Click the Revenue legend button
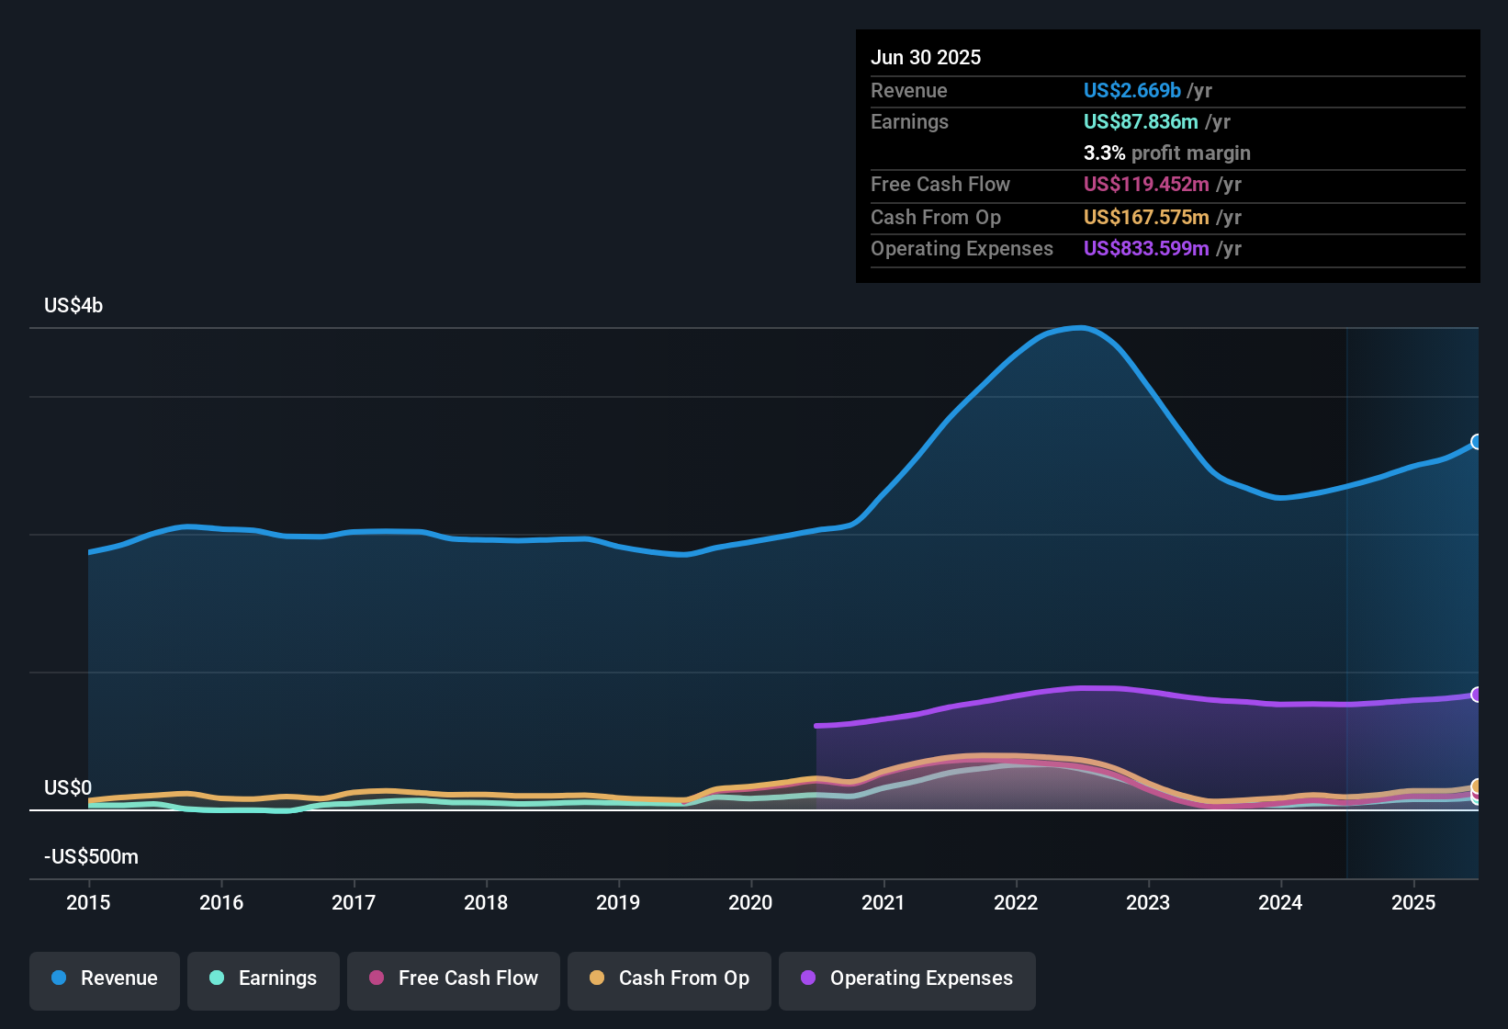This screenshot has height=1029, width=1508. [x=105, y=978]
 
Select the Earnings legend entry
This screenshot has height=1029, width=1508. [x=264, y=978]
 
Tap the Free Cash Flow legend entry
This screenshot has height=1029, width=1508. [x=454, y=978]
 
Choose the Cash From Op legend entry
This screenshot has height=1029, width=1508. [x=670, y=978]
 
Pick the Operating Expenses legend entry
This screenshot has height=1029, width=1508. [x=907, y=978]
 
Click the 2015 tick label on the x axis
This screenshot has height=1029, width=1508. [x=88, y=902]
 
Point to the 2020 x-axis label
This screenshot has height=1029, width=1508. [x=750, y=902]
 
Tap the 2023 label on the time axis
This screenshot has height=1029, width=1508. [x=1148, y=902]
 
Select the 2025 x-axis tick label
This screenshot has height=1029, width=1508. [x=1412, y=902]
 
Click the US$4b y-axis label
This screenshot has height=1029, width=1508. [x=73, y=306]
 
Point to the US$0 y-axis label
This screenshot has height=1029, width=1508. [x=68, y=788]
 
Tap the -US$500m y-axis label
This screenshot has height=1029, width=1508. [x=91, y=857]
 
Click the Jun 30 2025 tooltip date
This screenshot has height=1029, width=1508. [x=926, y=58]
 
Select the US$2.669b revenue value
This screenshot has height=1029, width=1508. [x=1131, y=91]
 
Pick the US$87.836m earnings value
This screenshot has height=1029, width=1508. [x=1141, y=122]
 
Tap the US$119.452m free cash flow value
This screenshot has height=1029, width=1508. [x=1146, y=185]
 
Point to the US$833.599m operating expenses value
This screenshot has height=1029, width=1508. [x=1146, y=249]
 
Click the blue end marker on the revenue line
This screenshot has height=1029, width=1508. [x=1477, y=442]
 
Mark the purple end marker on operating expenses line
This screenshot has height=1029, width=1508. [x=1477, y=695]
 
